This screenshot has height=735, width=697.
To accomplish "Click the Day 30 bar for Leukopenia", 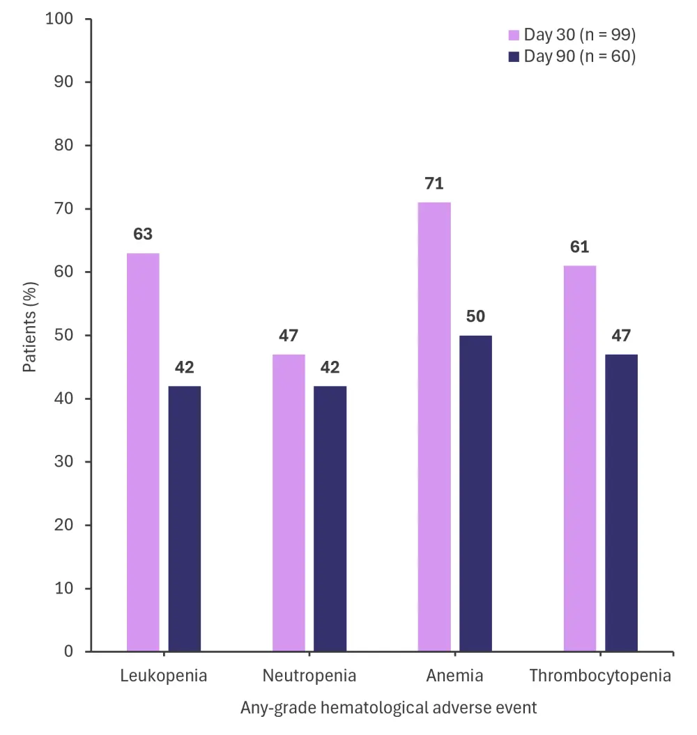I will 143,453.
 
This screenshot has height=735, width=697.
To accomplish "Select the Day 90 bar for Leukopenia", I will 185,519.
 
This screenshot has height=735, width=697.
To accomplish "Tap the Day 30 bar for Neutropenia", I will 289,503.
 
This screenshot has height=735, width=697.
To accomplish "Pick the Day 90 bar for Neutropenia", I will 330,519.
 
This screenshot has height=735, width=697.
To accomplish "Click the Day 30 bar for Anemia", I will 434,427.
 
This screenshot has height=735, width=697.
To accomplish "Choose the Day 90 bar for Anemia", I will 475,493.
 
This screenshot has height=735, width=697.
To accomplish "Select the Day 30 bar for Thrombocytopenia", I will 579,458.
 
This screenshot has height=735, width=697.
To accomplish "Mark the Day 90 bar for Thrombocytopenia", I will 621,503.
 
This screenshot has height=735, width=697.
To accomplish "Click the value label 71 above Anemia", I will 434,184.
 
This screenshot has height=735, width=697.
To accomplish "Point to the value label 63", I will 143,235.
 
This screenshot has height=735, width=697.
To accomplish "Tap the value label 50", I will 475,317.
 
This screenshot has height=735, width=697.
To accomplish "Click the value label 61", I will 579,247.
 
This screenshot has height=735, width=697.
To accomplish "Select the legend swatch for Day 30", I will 514,36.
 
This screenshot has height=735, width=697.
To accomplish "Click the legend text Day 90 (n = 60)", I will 579,57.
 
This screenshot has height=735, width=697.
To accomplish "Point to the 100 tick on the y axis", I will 59,19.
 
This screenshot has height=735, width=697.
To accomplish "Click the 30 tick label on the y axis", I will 64,462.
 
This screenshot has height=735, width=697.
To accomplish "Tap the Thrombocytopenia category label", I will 600,676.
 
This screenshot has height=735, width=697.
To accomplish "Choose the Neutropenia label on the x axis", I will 309,676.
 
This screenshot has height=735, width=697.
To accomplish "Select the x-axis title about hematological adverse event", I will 389,708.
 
